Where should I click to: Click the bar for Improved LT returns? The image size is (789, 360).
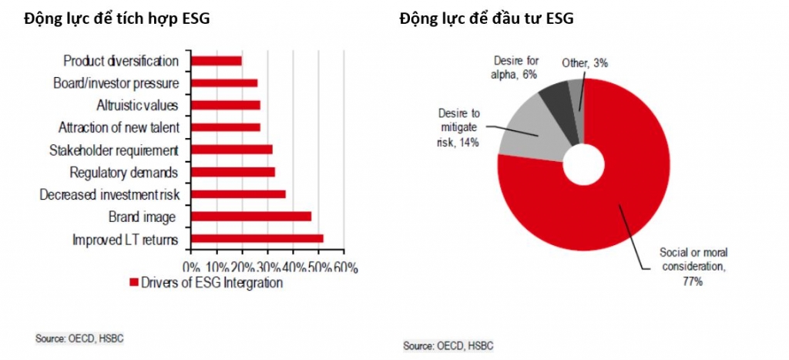[257, 239]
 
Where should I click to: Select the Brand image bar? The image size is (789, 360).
[250, 217]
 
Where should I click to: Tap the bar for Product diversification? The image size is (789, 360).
[216, 61]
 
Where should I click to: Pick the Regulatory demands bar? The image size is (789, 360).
[232, 172]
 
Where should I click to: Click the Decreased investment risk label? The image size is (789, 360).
[109, 195]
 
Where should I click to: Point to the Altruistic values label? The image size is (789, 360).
[137, 105]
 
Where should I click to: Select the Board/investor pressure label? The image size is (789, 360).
[116, 82]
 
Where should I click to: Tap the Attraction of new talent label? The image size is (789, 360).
[119, 127]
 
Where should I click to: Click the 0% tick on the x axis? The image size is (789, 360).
[193, 267]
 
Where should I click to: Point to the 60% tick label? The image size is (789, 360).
[344, 267]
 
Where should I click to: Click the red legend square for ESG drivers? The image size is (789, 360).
[133, 283]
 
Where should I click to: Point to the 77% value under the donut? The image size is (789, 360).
[692, 282]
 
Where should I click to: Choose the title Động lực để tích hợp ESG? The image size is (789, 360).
[116, 19]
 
